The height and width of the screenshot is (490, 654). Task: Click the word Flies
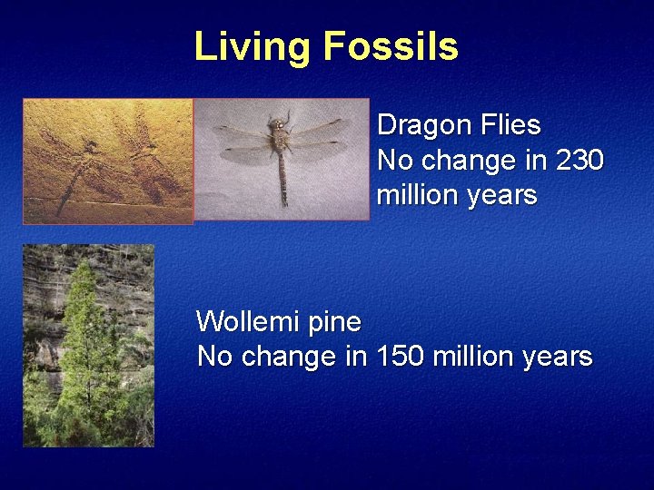pyautogui.click(x=511, y=125)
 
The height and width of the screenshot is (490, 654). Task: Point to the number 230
pyautogui.click(x=579, y=161)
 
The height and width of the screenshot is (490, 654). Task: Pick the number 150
pyautogui.click(x=397, y=357)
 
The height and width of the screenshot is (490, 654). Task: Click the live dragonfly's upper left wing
pyautogui.click(x=241, y=132)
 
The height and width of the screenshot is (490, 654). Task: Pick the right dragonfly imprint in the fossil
pyautogui.click(x=145, y=154)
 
